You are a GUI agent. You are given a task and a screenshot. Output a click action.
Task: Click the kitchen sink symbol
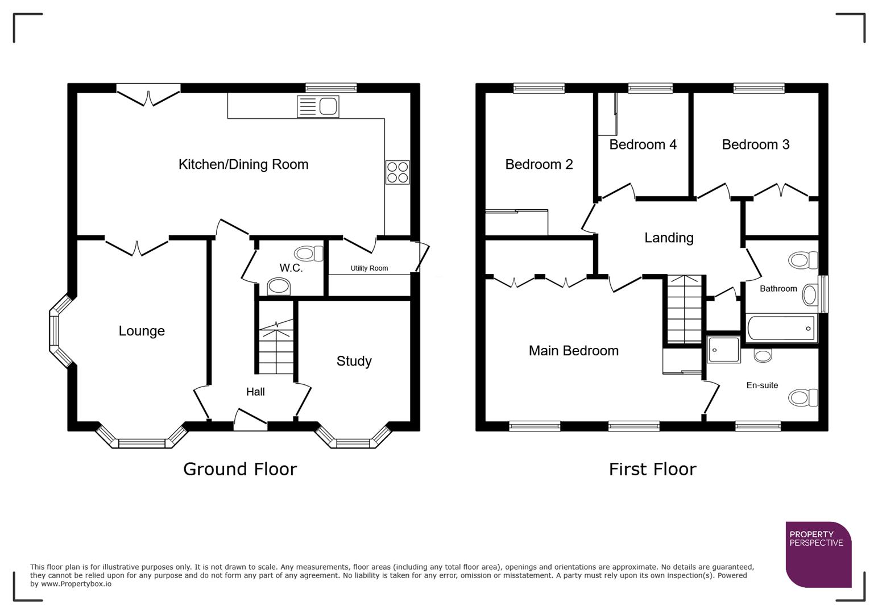[318, 106]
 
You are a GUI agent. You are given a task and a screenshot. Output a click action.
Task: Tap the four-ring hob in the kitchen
[397, 172]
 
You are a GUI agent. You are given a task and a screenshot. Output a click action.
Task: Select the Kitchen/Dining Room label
[243, 164]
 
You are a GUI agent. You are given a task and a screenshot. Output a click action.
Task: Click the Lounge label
[142, 331]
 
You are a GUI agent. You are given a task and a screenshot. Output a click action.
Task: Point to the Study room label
[354, 361]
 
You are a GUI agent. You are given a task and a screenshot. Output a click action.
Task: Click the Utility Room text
[369, 268]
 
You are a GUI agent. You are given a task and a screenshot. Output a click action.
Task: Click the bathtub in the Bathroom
[781, 328]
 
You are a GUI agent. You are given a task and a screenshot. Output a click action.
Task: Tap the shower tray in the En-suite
[723, 349]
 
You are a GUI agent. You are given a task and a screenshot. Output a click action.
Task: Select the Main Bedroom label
[573, 351]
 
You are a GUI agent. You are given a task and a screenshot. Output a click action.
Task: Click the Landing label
[669, 238]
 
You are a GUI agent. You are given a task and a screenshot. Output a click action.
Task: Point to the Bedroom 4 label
[643, 144]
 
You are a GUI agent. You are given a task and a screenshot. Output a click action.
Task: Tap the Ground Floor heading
[239, 469]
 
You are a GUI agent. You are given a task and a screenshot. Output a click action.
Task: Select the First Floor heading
[652, 469]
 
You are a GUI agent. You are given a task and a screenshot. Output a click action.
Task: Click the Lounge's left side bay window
[55, 331]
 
